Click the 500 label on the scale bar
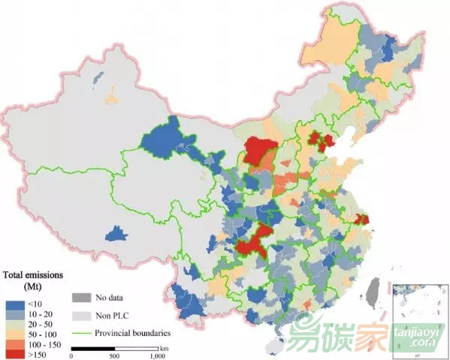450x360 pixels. [x=115, y=355]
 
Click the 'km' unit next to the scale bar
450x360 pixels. [x=164, y=348]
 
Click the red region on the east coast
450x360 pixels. [x=363, y=219]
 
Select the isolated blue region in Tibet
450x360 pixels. [x=116, y=234]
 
